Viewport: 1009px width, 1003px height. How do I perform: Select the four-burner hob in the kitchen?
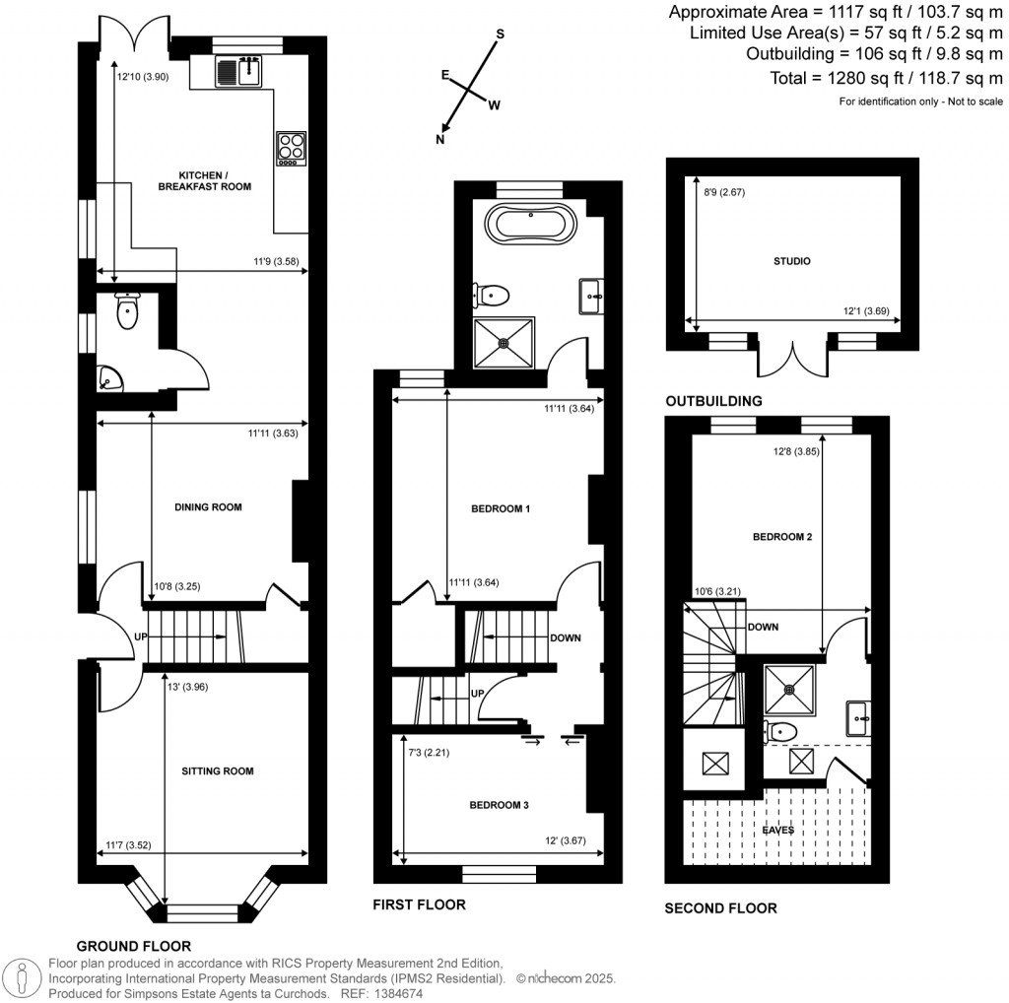coord(292,147)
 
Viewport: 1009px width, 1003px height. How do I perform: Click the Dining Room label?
coord(208,507)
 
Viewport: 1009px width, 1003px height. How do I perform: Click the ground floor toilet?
coord(127,311)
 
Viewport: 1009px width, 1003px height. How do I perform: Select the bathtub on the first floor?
coord(531,224)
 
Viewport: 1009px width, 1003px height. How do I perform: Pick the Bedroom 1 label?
coord(501,509)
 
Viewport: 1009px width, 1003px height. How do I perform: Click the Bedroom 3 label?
coord(500,805)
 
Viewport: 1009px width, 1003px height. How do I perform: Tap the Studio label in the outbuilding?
coord(791,262)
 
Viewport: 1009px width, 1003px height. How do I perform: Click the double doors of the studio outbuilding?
coord(792,360)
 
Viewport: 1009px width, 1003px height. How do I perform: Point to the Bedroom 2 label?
coord(781,537)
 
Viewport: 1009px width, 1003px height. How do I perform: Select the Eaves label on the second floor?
coord(777,830)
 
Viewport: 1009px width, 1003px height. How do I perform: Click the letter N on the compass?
coord(440,140)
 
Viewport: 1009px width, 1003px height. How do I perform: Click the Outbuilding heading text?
coord(713,401)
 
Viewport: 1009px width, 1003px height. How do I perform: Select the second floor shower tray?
coord(792,690)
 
